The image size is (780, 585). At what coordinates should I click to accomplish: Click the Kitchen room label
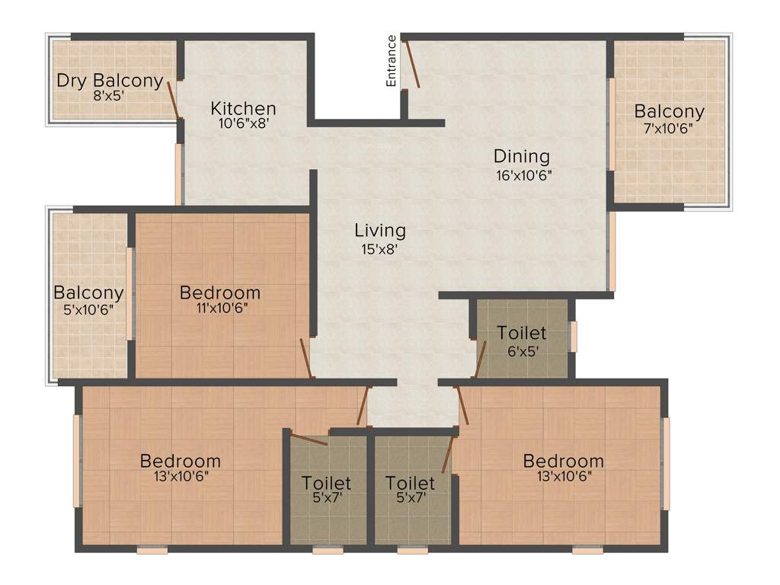pyautogui.click(x=244, y=108)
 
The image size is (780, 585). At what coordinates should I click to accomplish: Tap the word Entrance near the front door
pyautogui.click(x=392, y=61)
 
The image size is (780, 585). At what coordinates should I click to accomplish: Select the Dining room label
pyautogui.click(x=522, y=157)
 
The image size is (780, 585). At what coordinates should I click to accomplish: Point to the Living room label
pyautogui.click(x=380, y=230)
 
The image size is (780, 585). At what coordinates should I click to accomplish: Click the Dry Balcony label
pyautogui.click(x=110, y=81)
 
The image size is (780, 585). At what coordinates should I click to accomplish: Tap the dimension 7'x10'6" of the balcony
pyautogui.click(x=669, y=129)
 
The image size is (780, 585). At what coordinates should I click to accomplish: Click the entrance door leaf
pyautogui.click(x=411, y=64)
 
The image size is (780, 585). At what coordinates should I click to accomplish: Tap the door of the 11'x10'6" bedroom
pyautogui.click(x=306, y=358)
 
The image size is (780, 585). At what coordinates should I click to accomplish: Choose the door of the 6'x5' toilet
pyautogui.click(x=481, y=359)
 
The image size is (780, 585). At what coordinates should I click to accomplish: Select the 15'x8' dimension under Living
pyautogui.click(x=380, y=248)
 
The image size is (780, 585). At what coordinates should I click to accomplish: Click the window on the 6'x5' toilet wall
pyautogui.click(x=574, y=336)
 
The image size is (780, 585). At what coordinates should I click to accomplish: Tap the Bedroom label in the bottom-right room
pyautogui.click(x=564, y=462)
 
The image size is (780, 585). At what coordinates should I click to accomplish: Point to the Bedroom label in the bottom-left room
pyautogui.click(x=181, y=462)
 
